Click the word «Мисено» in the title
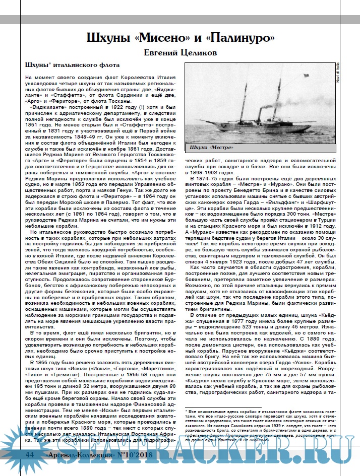(x=167, y=38)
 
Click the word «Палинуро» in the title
(x=239, y=38)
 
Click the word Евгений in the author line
(x=162, y=52)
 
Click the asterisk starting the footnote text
(x=187, y=412)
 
